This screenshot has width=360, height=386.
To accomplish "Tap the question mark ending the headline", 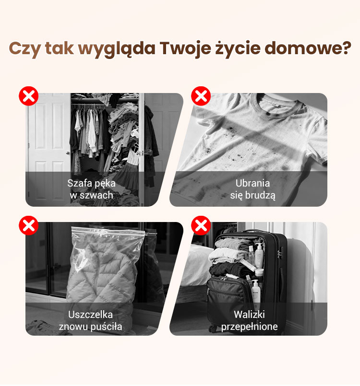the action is (346, 47).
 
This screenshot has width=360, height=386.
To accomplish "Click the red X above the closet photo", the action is (29, 96).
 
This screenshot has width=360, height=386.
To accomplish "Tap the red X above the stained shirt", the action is (201, 96).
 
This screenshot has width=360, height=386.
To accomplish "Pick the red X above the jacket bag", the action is (29, 225).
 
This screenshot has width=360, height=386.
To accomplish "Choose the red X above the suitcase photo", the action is (201, 225).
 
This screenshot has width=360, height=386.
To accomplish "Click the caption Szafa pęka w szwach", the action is (91, 189).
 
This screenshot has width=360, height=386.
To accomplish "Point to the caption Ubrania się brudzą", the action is (252, 189).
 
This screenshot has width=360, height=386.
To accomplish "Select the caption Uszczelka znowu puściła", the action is (90, 320).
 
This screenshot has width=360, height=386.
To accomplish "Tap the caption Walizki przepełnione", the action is (250, 320).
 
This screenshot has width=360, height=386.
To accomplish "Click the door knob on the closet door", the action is (68, 153).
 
